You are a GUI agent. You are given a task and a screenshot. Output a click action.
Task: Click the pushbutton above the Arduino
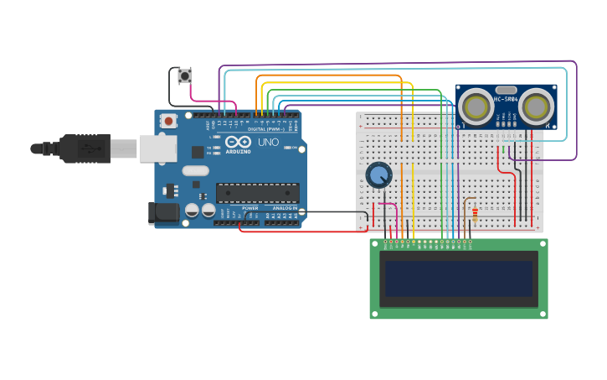pyautogui.click(x=184, y=76)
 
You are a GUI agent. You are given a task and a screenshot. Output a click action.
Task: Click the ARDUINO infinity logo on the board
pyautogui.click(x=237, y=142)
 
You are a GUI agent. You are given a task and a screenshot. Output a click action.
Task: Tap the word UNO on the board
pyautogui.click(x=268, y=143)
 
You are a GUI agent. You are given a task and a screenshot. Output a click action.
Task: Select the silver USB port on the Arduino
pyautogui.click(x=157, y=148)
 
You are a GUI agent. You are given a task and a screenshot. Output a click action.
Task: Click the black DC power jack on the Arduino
pyautogui.click(x=164, y=212)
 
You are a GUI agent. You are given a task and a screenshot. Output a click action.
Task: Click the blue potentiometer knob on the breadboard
pyautogui.click(x=379, y=175)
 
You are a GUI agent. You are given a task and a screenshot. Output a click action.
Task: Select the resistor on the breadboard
pyautogui.click(x=476, y=214)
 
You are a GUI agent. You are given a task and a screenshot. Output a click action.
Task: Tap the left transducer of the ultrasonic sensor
pyautogui.click(x=476, y=107)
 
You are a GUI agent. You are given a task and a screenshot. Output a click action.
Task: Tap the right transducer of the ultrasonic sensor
pyautogui.click(x=537, y=107)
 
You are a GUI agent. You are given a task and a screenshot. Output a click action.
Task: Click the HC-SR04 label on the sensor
pyautogui.click(x=506, y=99)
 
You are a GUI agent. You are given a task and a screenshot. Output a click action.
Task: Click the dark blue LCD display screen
pyautogui.click(x=458, y=278)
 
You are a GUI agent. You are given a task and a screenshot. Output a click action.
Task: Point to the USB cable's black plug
pyautogui.click(x=85, y=149)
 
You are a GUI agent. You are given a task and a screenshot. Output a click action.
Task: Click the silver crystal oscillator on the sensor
pyautogui.click(x=506, y=89)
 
